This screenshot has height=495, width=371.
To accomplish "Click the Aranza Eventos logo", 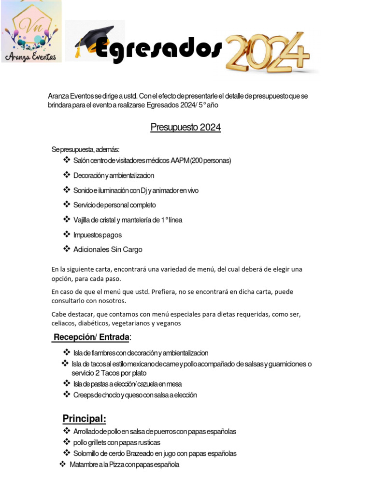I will tap(31, 32).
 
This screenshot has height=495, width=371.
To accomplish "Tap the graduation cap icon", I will tap(95, 41).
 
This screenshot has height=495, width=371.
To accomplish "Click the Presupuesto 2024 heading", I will tap(185, 128).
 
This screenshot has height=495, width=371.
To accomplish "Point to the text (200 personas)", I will tap(211, 160).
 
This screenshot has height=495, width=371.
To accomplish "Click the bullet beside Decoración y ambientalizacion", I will tap(67, 175).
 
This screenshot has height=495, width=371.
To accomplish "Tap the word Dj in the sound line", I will tap(143, 190).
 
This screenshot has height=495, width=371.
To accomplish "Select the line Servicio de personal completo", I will tap(114, 205).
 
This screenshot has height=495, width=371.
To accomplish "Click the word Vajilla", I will tap(83, 220).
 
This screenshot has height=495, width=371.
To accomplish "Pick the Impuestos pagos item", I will tap(97, 235).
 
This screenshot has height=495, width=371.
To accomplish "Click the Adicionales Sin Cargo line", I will tap(108, 250).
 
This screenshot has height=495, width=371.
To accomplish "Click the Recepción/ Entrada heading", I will tap(91, 337).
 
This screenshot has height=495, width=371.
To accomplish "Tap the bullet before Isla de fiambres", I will tap(67, 352).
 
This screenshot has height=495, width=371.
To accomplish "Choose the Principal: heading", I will tap(84, 419).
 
